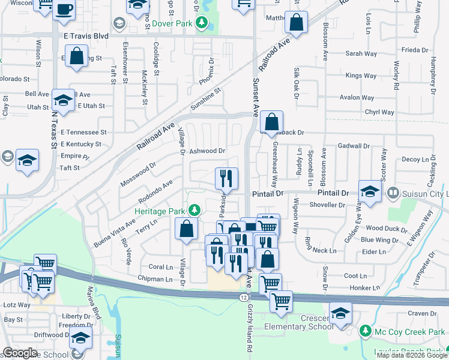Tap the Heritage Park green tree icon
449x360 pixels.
click(194, 209)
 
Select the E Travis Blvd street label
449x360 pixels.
click(86, 36)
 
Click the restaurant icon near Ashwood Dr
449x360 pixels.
click(227, 178)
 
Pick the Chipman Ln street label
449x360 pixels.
click(155, 279)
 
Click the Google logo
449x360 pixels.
click(19, 352)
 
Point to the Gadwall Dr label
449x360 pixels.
click(354, 146)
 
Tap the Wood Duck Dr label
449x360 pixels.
click(382, 228)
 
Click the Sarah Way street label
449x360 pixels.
click(361, 54)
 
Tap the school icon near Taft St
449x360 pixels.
click(27, 160)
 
